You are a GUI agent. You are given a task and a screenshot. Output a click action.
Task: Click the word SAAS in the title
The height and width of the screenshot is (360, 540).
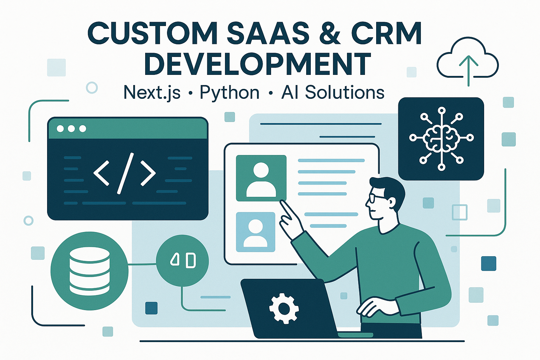click(x=268, y=34)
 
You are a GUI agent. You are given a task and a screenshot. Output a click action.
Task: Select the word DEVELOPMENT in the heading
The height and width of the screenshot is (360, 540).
click(x=258, y=64)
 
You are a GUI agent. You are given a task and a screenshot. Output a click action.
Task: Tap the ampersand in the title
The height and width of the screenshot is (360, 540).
click(x=329, y=34)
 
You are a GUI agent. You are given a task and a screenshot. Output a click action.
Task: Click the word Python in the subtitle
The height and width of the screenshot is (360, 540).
click(x=230, y=93)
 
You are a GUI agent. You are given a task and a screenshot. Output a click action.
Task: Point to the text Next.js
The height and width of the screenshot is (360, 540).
click(x=152, y=93)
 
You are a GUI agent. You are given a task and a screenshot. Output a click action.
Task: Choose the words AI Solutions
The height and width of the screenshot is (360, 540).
click(x=333, y=92)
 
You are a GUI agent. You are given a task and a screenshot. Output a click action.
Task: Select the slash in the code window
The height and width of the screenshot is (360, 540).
click(x=125, y=173)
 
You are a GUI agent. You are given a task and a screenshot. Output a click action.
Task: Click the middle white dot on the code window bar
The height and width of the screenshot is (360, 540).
click(x=71, y=129)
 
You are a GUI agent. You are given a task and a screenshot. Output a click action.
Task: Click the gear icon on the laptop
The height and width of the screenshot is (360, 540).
click(x=284, y=308)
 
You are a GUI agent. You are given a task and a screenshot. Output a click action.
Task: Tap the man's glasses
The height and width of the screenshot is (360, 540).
click(x=375, y=199)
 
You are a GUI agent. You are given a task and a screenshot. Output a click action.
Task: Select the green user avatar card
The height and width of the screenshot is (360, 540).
click(x=261, y=178)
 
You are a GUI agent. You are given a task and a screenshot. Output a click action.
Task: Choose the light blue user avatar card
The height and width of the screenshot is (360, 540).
click(x=256, y=232)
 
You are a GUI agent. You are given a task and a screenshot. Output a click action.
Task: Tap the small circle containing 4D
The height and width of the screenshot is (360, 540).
click(x=182, y=261)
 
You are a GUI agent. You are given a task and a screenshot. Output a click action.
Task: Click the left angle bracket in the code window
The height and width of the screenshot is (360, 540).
click(x=101, y=173)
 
